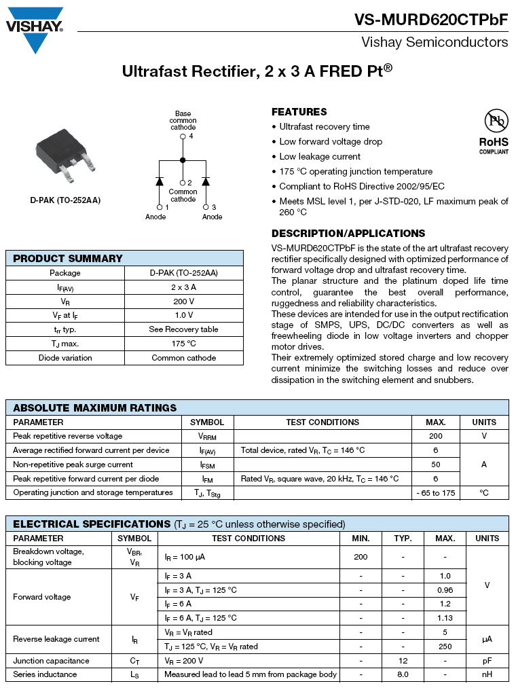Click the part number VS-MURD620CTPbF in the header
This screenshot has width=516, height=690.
[430, 20]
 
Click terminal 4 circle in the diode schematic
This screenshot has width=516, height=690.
[183, 137]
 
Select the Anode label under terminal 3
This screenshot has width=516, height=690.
[212, 217]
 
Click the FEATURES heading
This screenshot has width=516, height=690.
[299, 112]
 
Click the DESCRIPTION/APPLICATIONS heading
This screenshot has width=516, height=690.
[348, 234]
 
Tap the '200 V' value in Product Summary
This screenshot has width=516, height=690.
[183, 301]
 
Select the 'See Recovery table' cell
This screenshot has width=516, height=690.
[183, 329]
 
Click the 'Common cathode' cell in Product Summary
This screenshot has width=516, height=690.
[183, 358]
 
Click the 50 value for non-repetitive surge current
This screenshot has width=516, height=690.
[436, 465]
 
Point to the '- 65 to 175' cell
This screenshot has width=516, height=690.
[436, 493]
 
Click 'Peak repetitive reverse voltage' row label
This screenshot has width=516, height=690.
[68, 436]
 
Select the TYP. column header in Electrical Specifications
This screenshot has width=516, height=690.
[403, 538]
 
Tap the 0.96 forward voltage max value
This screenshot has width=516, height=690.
[445, 590]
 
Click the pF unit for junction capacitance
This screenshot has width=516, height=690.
[487, 661]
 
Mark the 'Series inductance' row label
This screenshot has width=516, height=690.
[45, 674]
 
